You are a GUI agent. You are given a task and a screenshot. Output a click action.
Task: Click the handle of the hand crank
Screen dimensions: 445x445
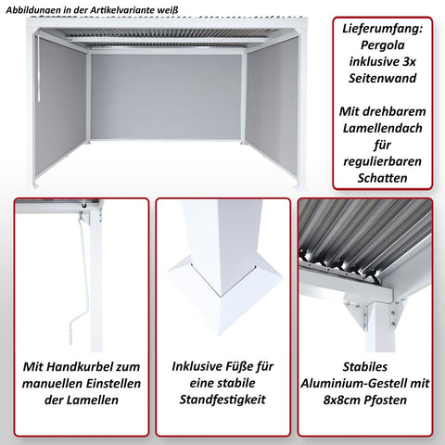(68, 328)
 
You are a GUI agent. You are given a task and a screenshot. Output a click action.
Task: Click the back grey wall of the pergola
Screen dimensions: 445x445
(167, 95)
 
